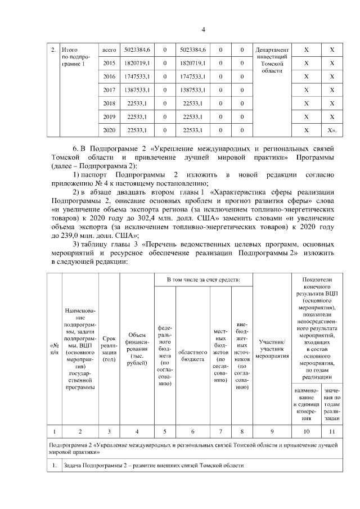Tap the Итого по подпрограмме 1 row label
pyautogui.click(x=75, y=57)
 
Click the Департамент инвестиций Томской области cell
pyautogui.click(x=272, y=63)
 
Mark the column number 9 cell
pyautogui.click(x=272, y=432)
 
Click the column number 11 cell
pyautogui.click(x=332, y=432)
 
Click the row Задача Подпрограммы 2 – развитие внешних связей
pyautogui.click(x=163, y=466)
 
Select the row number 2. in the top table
pyautogui.click(x=53, y=51)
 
